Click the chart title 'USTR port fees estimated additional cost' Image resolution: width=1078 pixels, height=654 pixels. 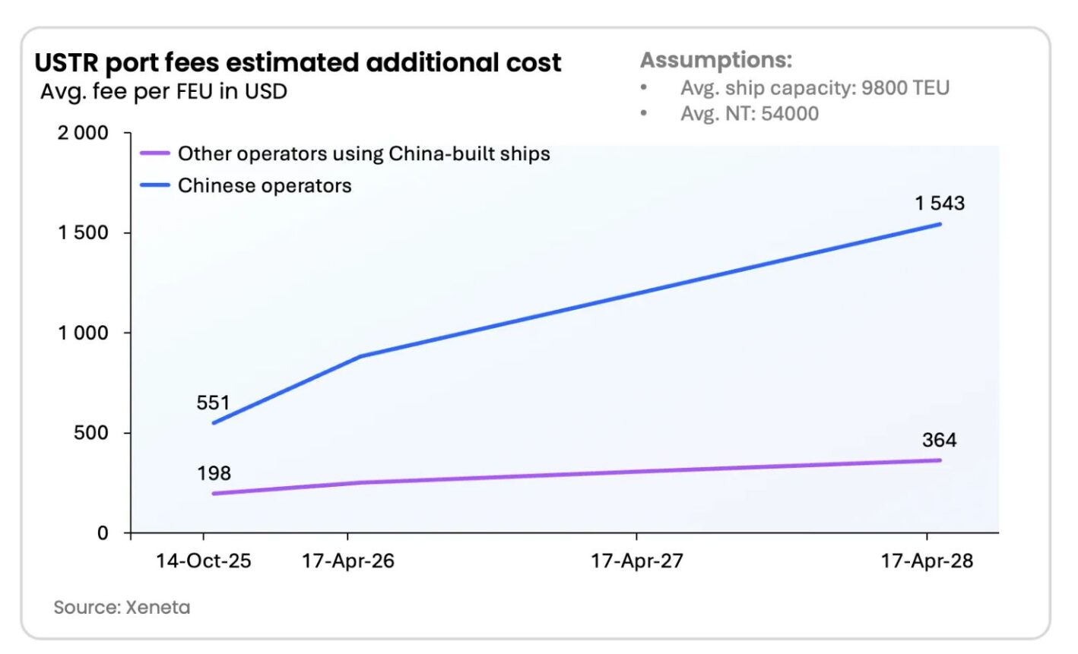[298, 62]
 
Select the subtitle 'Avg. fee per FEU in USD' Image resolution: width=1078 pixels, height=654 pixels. [163, 92]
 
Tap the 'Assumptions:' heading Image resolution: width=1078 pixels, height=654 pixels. [715, 60]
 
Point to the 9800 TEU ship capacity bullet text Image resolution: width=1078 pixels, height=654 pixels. [814, 88]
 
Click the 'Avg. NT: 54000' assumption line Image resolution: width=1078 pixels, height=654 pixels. [749, 114]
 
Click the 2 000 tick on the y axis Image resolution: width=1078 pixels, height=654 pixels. [84, 133]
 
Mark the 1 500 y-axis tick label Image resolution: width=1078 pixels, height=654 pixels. [84, 232]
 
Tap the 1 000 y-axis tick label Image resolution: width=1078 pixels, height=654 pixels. [84, 333]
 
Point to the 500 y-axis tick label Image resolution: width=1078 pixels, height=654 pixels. [91, 433]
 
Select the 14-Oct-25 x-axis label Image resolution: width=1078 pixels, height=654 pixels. [203, 561]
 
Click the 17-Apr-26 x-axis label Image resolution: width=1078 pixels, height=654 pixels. [348, 561]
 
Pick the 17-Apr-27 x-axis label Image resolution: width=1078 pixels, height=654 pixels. [637, 561]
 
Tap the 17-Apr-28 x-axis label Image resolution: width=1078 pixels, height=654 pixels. [927, 561]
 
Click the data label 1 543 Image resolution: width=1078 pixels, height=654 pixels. [940, 204]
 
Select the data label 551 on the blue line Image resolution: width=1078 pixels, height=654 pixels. [213, 403]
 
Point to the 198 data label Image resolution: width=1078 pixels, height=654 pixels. [214, 473]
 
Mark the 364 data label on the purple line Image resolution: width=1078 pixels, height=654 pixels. [940, 440]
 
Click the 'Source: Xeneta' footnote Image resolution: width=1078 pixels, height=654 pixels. [122, 608]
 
